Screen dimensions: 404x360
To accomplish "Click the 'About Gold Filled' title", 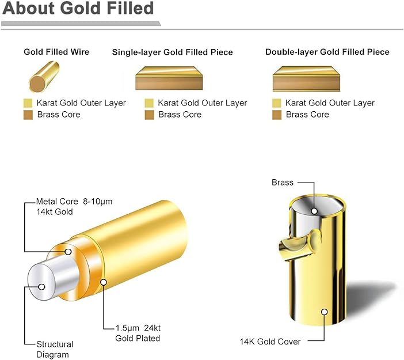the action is click(x=78, y=7).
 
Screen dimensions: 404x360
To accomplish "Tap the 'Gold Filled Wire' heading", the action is click(x=56, y=52).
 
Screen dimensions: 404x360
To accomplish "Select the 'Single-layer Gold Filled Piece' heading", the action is click(x=173, y=52).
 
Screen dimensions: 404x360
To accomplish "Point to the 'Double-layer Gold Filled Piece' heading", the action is click(x=327, y=52).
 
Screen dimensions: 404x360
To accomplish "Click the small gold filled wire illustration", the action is click(x=44, y=77).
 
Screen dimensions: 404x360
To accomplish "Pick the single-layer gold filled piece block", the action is click(x=169, y=78).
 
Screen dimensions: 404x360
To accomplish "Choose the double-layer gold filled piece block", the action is click(x=306, y=79).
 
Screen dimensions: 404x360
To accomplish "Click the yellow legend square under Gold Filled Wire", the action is click(x=28, y=103).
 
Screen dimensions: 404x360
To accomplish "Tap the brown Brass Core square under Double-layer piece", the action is click(x=277, y=115).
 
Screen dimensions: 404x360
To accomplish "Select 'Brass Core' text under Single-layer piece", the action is click(x=180, y=115).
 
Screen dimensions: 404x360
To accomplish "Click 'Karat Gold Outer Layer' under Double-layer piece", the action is click(x=330, y=103).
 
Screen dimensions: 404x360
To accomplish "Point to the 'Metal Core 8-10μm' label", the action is click(x=74, y=202).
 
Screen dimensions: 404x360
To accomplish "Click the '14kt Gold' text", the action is click(x=54, y=212).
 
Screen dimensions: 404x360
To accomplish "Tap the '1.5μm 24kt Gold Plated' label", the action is click(x=138, y=333).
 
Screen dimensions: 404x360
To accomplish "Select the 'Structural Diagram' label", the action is click(x=55, y=350).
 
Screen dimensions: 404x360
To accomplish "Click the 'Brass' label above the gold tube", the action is click(x=283, y=183).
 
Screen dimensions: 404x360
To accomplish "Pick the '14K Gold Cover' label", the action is click(x=270, y=342).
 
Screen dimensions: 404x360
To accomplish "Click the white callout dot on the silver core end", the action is click(x=41, y=287).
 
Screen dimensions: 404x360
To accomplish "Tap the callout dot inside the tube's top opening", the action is click(x=314, y=211).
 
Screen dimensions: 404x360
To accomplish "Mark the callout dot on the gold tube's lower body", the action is click(x=325, y=312).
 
